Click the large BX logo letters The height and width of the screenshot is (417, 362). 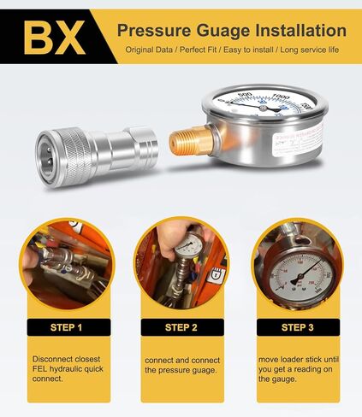pos(53,36)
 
